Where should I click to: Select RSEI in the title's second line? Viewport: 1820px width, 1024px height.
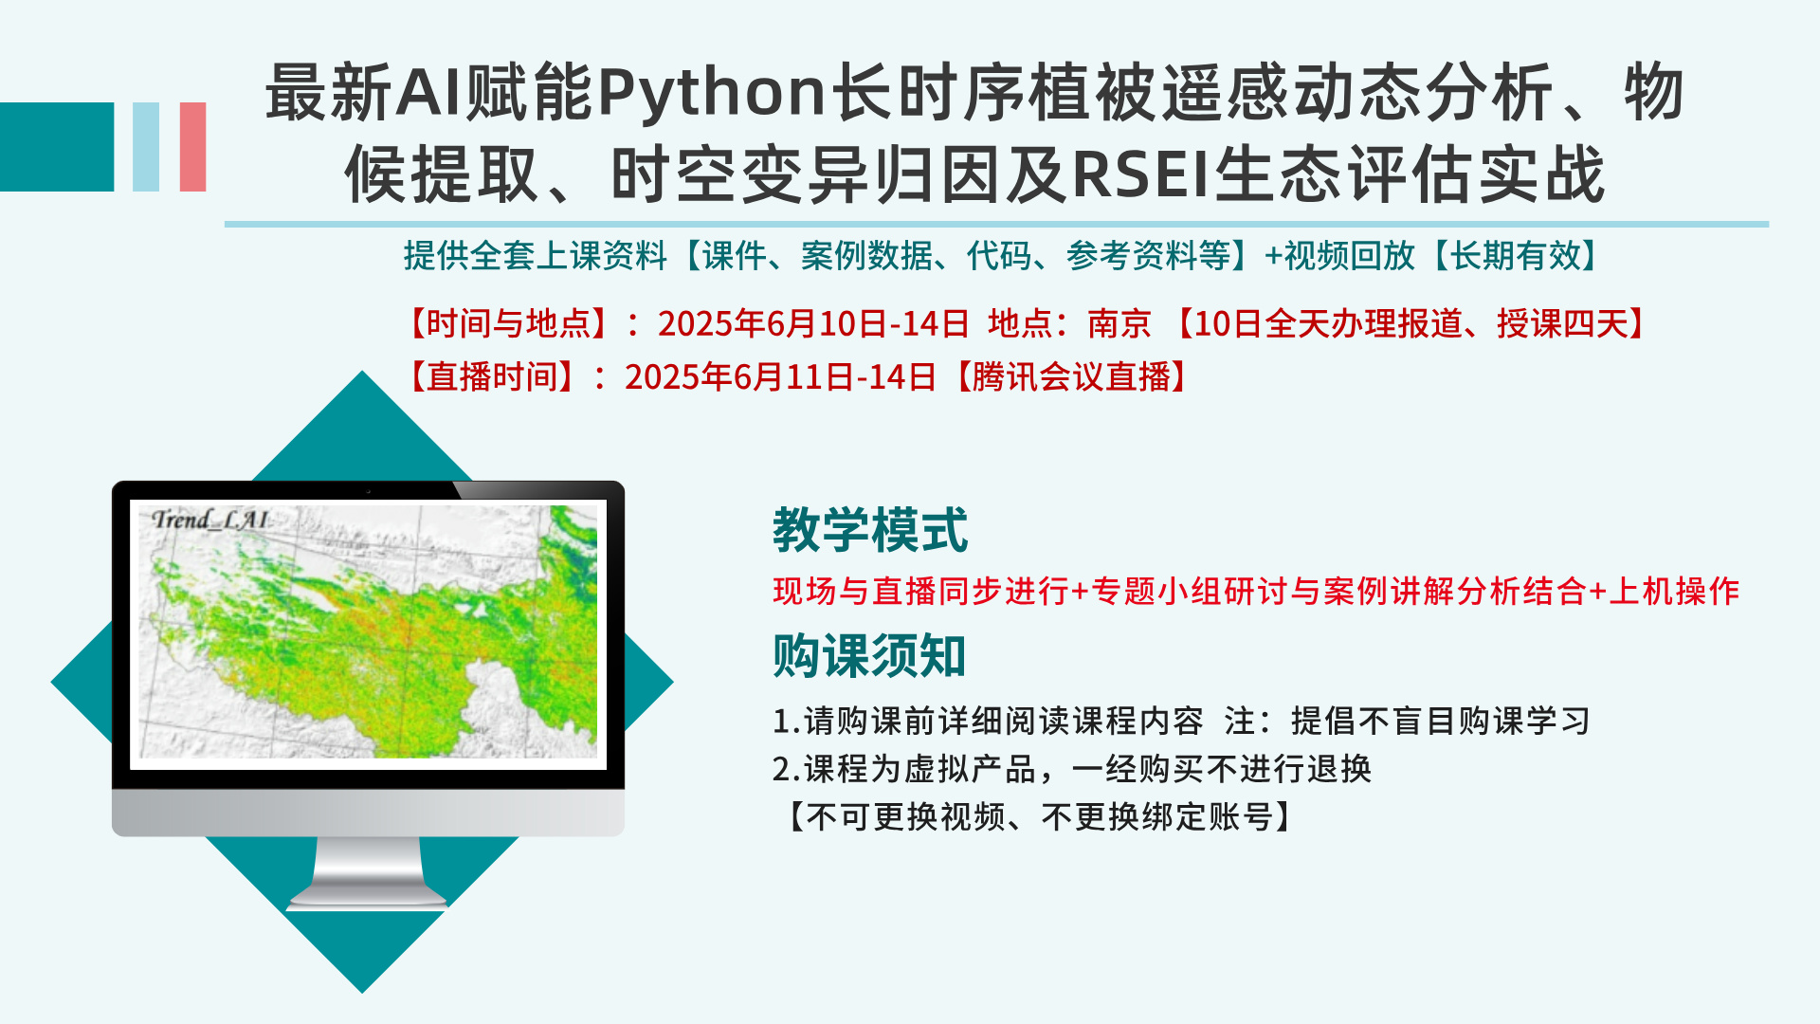[1142, 174]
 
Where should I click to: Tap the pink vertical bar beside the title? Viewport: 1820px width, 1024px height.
[193, 147]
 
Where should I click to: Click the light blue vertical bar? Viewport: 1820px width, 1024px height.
[146, 147]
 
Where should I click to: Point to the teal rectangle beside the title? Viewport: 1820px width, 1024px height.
[57, 147]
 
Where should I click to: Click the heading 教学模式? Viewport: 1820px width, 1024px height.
[870, 529]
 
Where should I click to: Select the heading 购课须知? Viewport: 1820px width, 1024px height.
[869, 655]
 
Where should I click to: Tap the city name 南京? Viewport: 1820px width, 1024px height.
[1119, 324]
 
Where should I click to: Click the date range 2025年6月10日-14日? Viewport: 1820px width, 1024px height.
[813, 324]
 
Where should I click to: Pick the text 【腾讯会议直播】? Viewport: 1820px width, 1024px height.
[1070, 377]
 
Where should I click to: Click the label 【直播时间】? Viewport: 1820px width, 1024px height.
[492, 377]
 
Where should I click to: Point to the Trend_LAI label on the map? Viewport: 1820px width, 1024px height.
[210, 520]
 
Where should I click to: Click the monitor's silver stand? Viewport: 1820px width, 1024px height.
[368, 873]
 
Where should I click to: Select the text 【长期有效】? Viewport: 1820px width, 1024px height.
[1516, 256]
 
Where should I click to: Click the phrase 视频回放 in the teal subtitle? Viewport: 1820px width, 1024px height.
[1350, 256]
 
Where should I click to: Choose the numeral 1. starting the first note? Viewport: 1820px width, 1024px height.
[787, 722]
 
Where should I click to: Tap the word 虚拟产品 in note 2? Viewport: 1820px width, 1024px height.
[970, 769]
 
